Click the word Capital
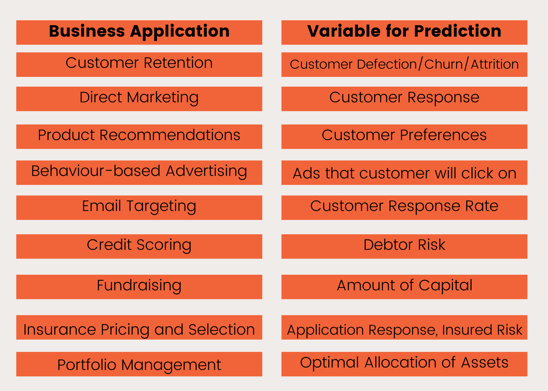click(445, 285)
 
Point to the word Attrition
click(495, 64)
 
